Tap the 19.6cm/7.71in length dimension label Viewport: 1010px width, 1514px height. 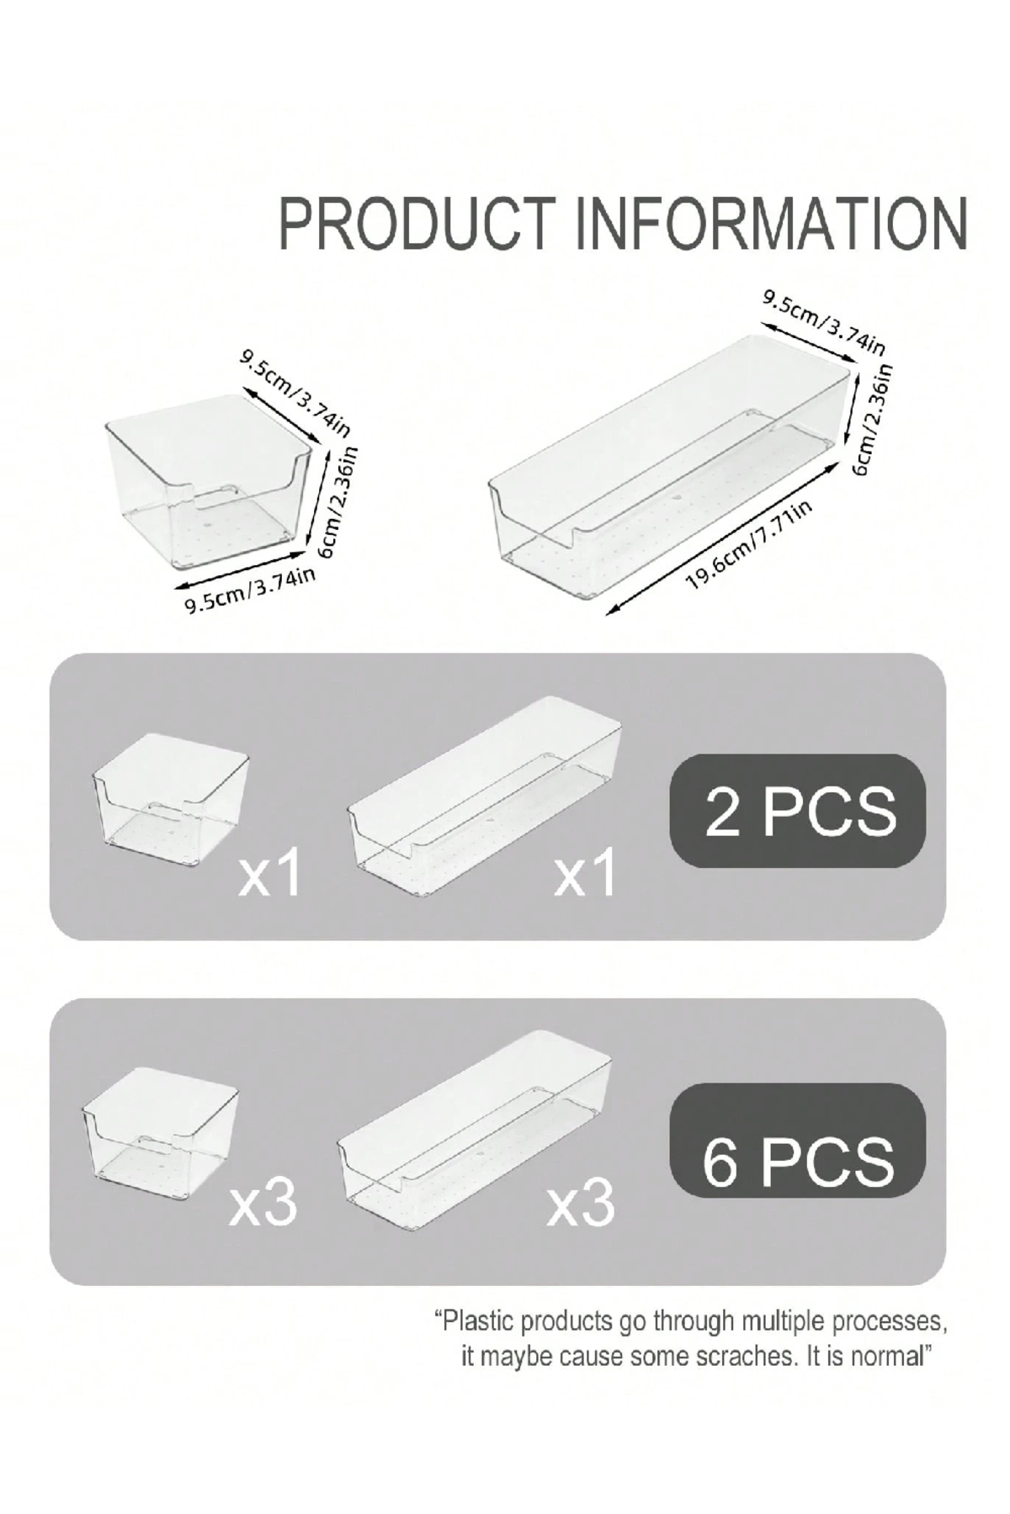[x=749, y=544]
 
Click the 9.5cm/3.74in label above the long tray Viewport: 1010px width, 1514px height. [x=824, y=321]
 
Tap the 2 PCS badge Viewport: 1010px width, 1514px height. [x=798, y=811]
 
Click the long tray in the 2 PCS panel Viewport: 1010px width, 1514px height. [x=484, y=795]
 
